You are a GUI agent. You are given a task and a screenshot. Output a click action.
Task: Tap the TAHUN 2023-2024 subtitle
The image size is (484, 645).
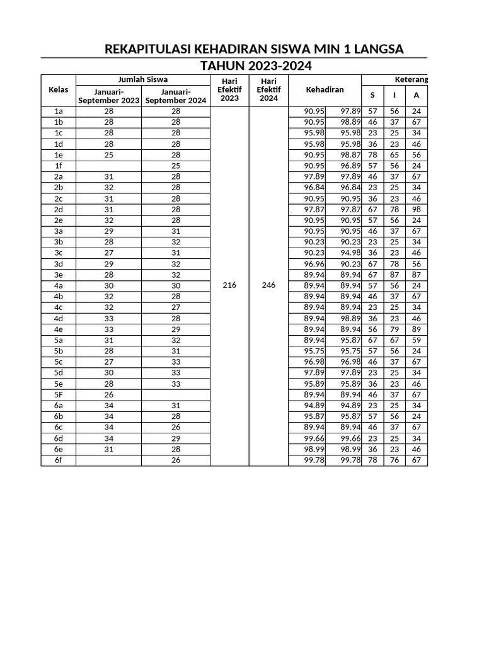255,67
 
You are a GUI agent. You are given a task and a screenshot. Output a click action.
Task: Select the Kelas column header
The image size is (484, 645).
58,89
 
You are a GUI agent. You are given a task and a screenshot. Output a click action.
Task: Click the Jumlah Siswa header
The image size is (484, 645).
143,79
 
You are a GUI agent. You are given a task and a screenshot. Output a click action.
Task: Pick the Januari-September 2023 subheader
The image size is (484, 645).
109,96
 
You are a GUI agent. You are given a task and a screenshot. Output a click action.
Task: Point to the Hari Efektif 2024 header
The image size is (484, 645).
268,89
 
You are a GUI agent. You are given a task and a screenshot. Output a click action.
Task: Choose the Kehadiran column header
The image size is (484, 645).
324,90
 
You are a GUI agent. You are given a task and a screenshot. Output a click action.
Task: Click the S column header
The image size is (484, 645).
372,95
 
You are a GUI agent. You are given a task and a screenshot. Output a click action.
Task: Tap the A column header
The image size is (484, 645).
415,95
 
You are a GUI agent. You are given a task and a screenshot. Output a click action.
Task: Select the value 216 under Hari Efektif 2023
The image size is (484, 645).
229,285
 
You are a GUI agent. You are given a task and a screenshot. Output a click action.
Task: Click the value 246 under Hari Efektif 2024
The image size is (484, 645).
268,285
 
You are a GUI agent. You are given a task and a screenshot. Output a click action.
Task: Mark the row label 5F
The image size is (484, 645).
58,394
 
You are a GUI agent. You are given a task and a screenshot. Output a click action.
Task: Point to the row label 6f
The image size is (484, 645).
58,460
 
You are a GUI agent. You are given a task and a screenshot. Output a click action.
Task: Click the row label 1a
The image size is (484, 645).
58,111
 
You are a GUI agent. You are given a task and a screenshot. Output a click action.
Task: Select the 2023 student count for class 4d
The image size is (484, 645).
108,319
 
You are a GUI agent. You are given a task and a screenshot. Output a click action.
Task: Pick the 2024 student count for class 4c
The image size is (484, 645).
176,307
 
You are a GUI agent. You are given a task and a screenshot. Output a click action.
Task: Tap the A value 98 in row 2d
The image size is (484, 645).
416,209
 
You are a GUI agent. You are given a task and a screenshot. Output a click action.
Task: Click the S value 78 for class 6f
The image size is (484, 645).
372,460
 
